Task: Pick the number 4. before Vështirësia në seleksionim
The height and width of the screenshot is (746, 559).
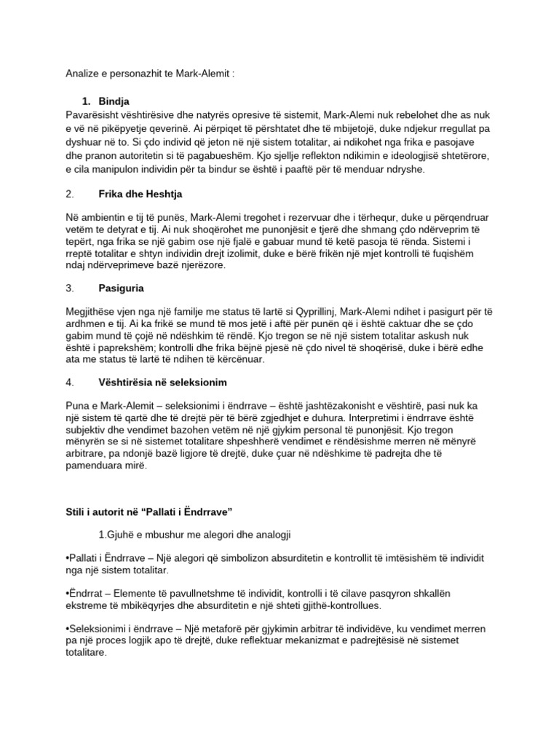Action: point(69,382)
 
